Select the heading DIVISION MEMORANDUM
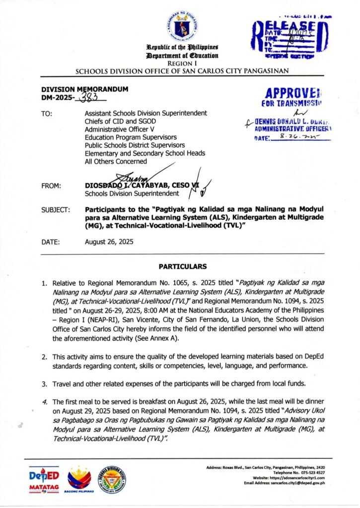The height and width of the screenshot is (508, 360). (85, 89)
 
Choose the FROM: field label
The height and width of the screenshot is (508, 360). (51, 186)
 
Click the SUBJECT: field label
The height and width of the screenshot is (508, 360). (56, 210)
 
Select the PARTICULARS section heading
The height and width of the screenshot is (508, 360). (183, 266)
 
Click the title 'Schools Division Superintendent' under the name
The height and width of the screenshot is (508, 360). (132, 193)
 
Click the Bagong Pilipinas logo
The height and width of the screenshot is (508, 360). (80, 480)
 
